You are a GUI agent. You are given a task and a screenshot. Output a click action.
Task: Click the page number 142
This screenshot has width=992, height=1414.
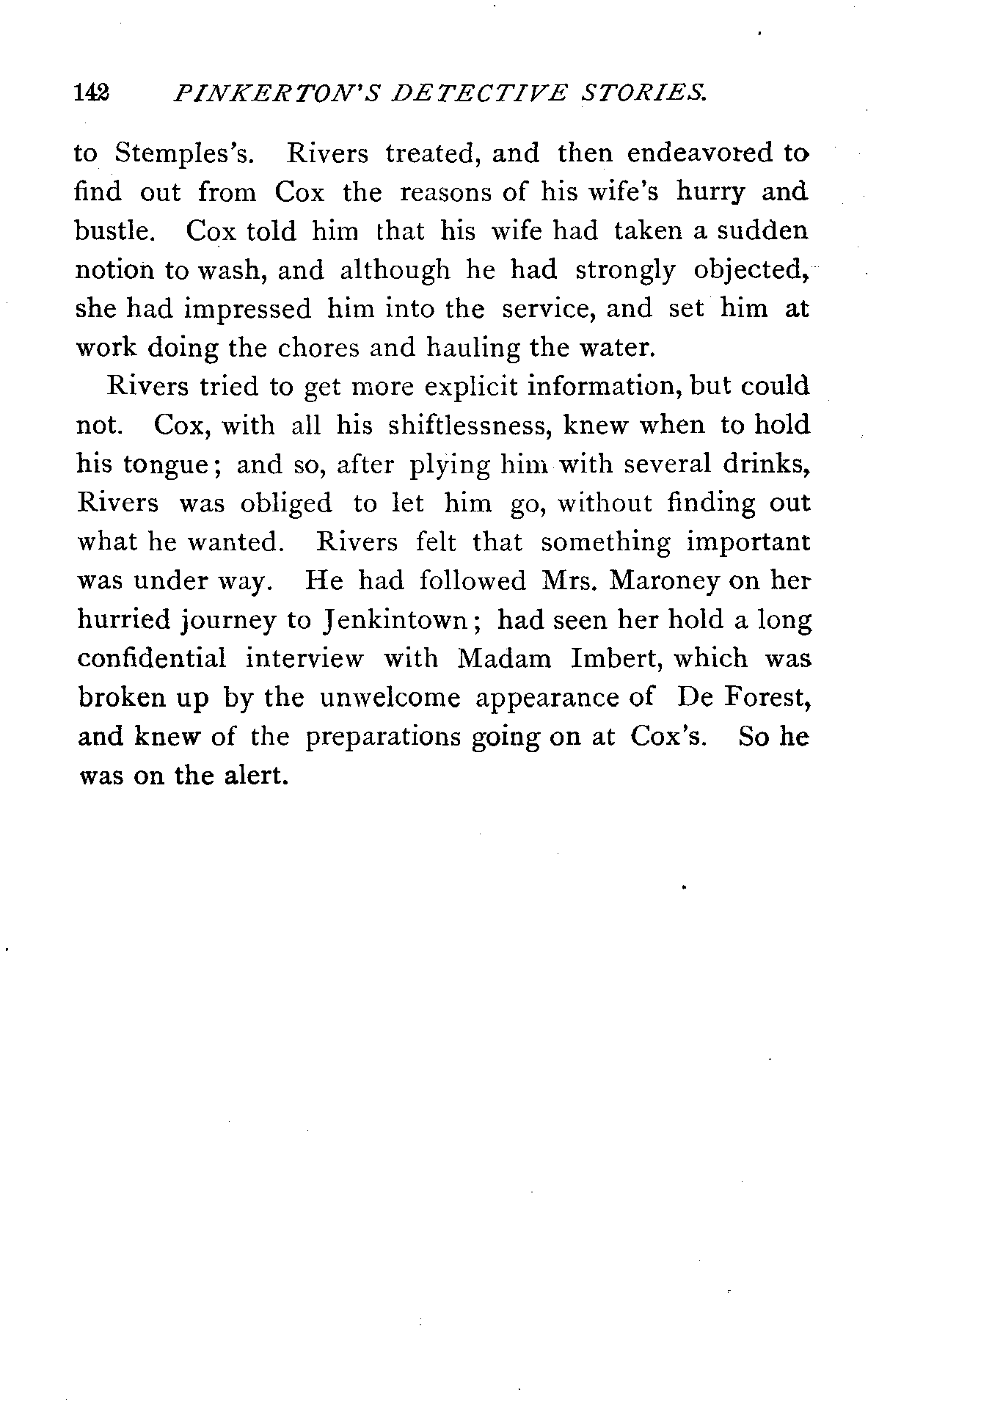(x=92, y=93)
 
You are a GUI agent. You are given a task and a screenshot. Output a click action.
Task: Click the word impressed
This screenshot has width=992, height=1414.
(x=247, y=310)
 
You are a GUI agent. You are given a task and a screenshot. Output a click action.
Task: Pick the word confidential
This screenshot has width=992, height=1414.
(x=152, y=658)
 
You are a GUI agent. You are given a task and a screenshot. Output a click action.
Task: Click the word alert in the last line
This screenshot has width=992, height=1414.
(x=252, y=776)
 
